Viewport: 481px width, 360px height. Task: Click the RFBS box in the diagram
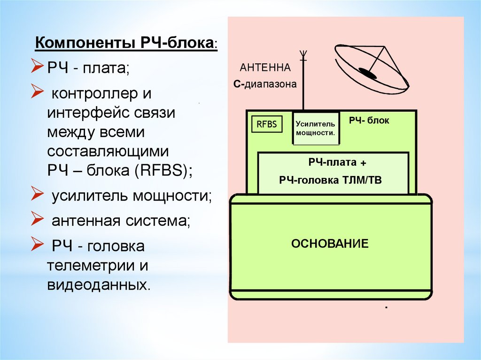[x=266, y=125]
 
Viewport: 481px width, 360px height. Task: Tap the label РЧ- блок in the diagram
[x=369, y=121]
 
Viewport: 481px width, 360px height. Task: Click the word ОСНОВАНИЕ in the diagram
[x=330, y=244]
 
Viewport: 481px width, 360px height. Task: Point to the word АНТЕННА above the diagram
[x=265, y=68]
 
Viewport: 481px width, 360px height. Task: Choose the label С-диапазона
[x=265, y=85]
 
